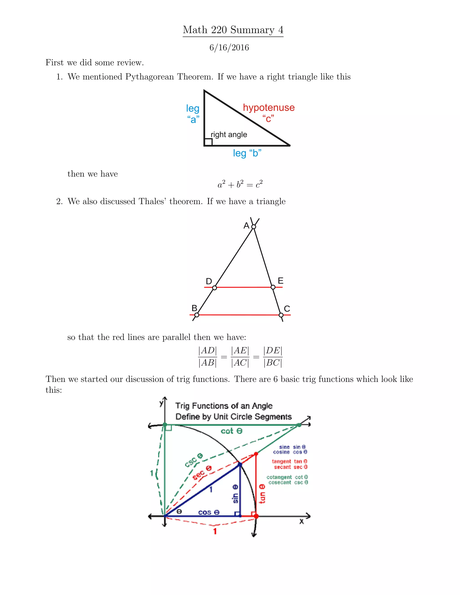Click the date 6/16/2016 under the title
coord(229,48)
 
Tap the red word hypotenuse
coord(269,108)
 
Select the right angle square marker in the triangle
coord(208,142)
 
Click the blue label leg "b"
coord(247,153)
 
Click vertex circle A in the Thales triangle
coord(253,227)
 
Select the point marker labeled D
coord(215,288)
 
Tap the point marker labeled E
coord(273,287)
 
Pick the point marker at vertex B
coord(197,315)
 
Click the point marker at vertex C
coord(281,315)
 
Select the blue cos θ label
coord(209,512)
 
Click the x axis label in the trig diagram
coord(301,521)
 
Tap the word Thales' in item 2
coord(152,201)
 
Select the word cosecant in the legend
coord(280,483)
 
